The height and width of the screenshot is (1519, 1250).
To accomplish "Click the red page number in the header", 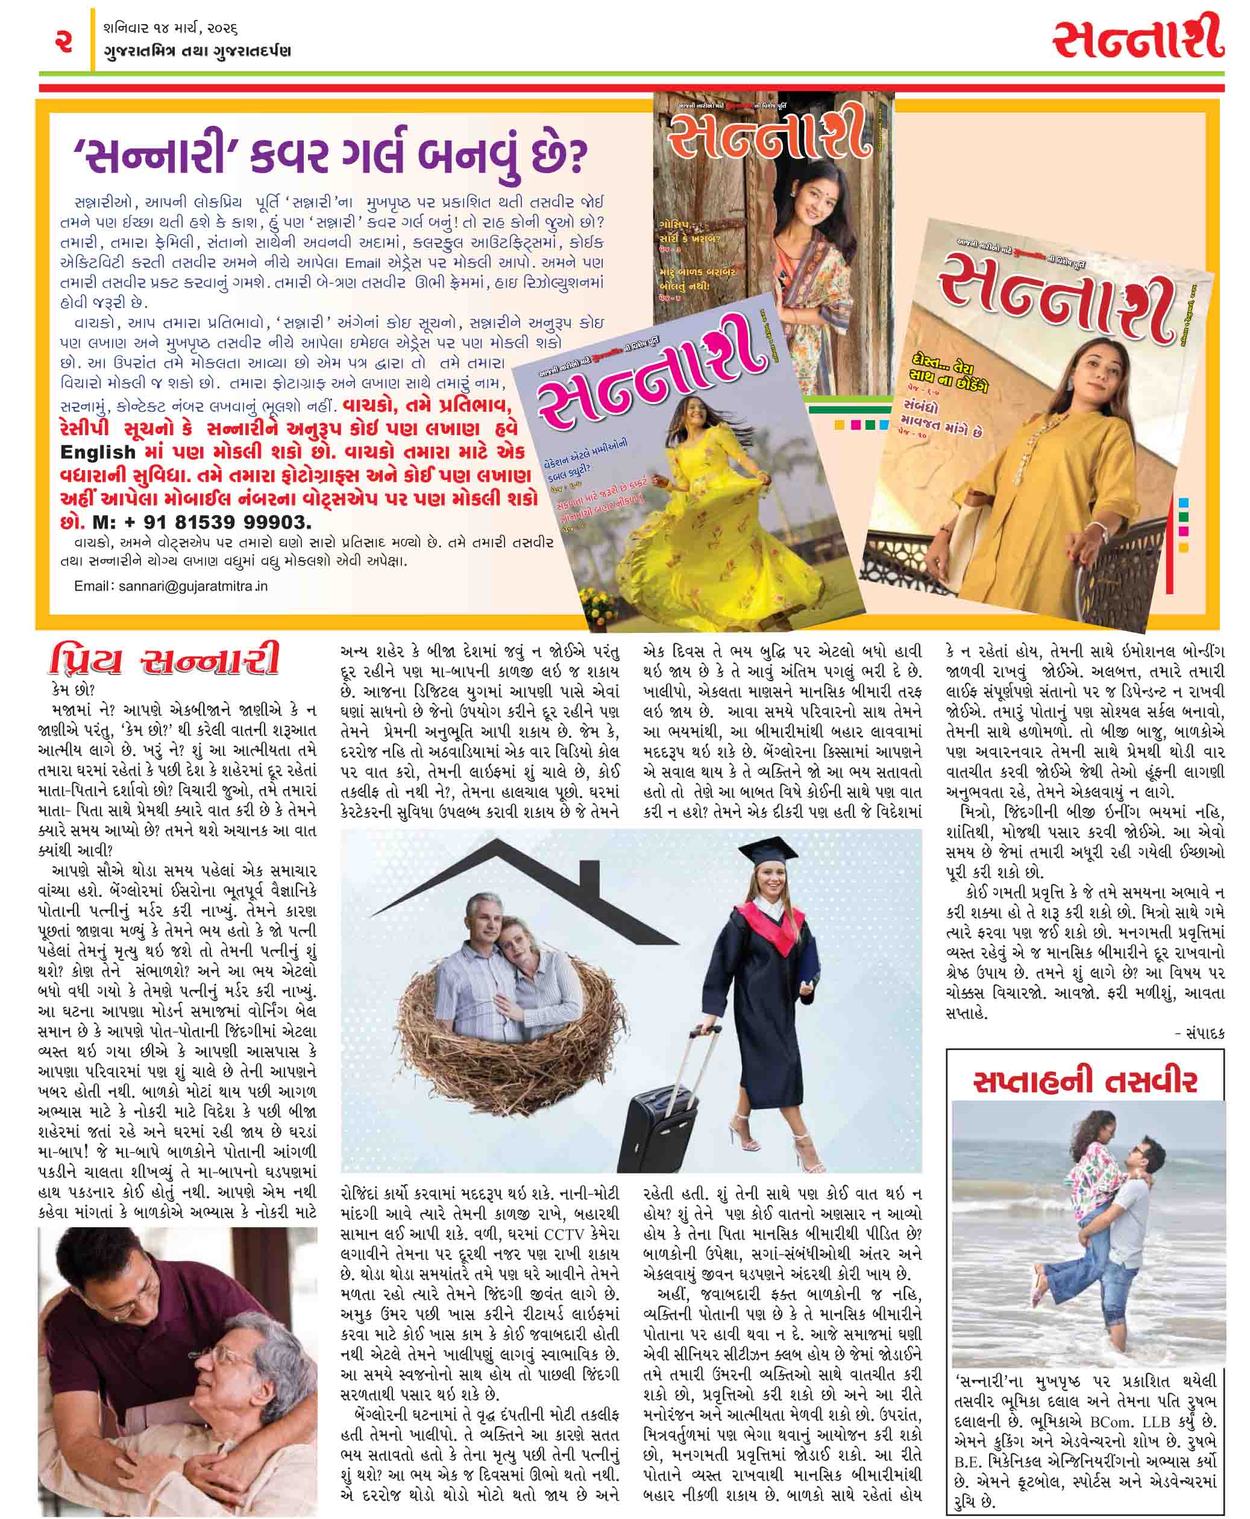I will (x=63, y=41).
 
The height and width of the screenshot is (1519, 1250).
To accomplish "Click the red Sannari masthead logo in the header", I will (x=1139, y=39).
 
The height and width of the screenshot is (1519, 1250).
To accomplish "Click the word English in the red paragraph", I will (x=98, y=453).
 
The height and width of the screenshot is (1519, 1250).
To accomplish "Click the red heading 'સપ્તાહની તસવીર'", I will (x=1084, y=1082).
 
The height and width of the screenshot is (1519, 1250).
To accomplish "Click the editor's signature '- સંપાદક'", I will (x=1199, y=1034).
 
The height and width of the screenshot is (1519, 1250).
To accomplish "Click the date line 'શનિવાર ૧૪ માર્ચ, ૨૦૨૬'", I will (x=171, y=29).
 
